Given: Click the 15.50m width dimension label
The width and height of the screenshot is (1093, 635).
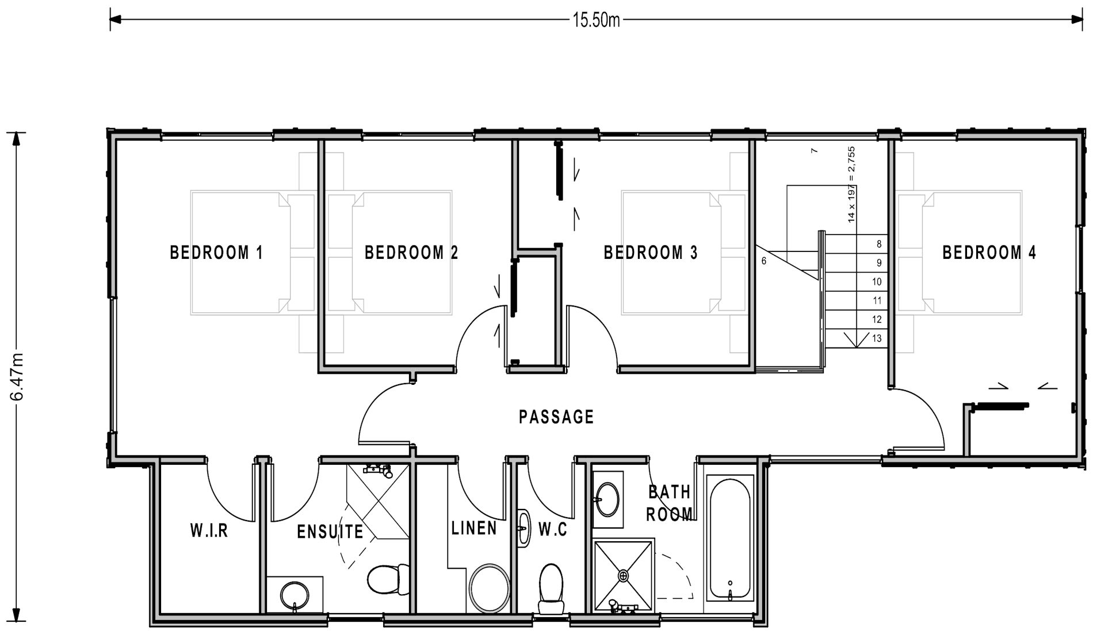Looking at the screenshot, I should pyautogui.click(x=596, y=21).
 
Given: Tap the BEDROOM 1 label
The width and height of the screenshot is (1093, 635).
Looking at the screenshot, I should pyautogui.click(x=216, y=253).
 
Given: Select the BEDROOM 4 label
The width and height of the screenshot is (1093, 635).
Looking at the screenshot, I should pyautogui.click(x=989, y=253).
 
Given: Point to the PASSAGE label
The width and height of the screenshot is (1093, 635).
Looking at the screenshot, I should pyautogui.click(x=556, y=416).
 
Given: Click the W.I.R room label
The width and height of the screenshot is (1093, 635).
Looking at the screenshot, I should pyautogui.click(x=209, y=530).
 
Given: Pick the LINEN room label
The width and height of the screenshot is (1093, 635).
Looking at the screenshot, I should pyautogui.click(x=474, y=528).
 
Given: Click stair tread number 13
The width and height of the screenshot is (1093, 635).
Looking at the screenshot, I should pyautogui.click(x=877, y=338).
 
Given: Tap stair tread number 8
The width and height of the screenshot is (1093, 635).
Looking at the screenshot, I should pyautogui.click(x=878, y=244).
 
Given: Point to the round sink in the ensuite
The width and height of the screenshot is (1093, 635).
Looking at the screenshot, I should pyautogui.click(x=295, y=595).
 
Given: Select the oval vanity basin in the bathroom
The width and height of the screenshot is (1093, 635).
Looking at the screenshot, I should pyautogui.click(x=607, y=499).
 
